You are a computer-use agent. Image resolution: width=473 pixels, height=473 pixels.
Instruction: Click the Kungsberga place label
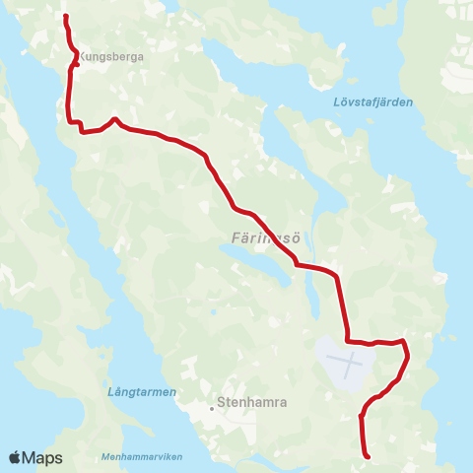111,57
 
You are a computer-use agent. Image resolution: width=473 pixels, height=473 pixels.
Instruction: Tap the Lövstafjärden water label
373,102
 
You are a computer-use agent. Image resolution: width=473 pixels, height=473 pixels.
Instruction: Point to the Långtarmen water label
141,392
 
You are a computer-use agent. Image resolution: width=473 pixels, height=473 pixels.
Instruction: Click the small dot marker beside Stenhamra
212,403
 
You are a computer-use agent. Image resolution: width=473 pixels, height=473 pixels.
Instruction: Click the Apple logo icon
15,457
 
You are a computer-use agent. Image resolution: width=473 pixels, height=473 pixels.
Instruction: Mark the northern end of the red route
65,17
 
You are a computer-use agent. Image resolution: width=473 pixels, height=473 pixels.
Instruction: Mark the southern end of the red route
368,456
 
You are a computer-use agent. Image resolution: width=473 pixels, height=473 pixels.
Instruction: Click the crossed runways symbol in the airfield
350,365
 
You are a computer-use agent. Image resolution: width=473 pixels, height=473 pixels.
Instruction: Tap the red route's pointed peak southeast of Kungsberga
115,119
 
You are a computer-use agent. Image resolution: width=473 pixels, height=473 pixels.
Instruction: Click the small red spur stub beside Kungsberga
77,65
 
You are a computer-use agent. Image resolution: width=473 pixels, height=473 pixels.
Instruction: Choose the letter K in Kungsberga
82,57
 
